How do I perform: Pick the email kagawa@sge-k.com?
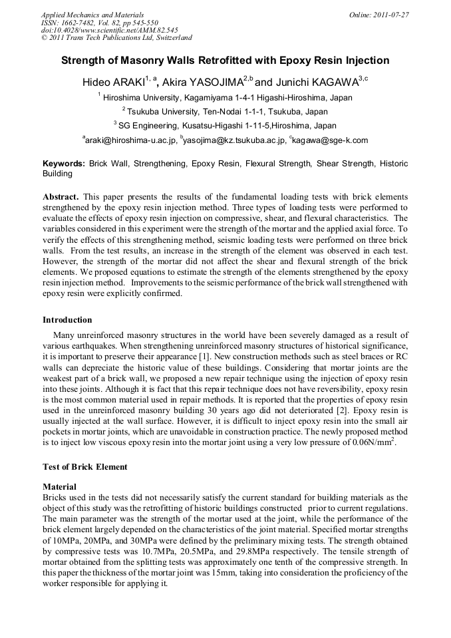tap(330, 140)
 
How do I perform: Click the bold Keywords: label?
tap(64, 164)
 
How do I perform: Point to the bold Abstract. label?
tap(61, 198)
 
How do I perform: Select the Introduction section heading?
tap(67, 320)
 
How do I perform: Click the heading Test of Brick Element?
tap(84, 467)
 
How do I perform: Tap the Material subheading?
tap(59, 487)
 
